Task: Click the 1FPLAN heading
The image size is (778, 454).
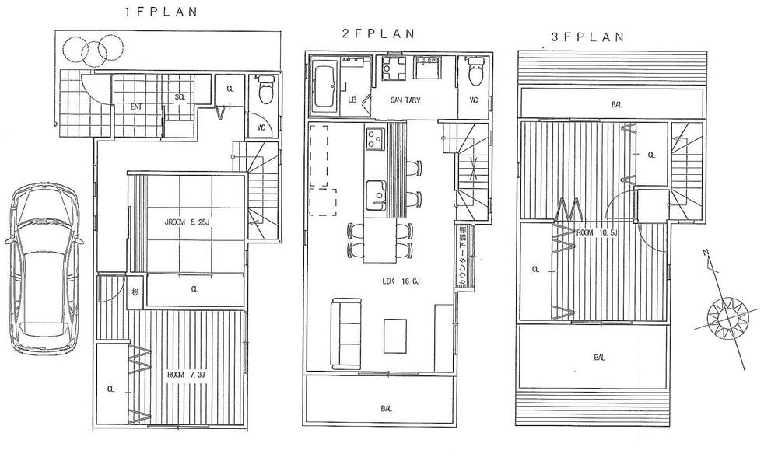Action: coord(161,12)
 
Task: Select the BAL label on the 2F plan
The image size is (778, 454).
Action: coord(386,408)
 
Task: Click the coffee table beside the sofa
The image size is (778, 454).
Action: coord(395,335)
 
